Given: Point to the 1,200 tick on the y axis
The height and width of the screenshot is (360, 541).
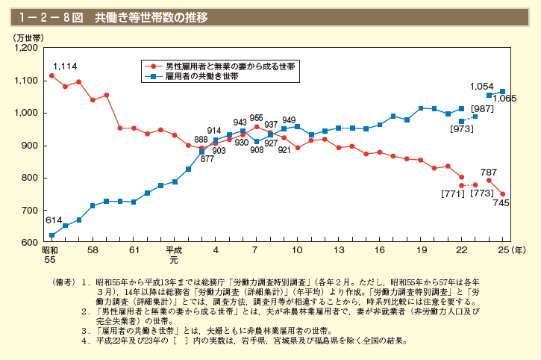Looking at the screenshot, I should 26,48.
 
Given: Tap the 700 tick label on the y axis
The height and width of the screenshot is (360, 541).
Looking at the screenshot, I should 31,211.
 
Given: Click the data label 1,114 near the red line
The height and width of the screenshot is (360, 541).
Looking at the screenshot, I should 65,66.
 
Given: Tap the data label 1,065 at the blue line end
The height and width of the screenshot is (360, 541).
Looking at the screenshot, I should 505,99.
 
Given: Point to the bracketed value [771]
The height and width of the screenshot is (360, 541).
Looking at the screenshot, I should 452,194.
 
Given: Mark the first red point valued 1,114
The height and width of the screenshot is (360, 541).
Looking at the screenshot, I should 51,75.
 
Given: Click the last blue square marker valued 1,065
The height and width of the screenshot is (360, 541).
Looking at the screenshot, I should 502,91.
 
